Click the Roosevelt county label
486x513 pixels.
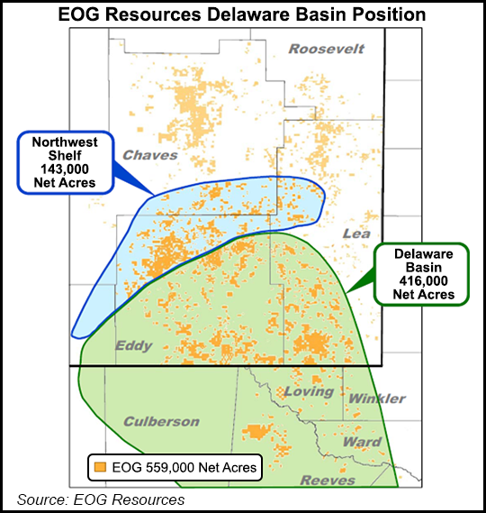(326, 49)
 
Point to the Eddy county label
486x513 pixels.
(133, 345)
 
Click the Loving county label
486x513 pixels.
(309, 392)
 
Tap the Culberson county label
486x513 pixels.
(160, 421)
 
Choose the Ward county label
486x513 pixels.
(362, 442)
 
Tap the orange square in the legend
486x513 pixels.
(99, 467)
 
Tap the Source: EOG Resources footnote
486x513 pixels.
(99, 499)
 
